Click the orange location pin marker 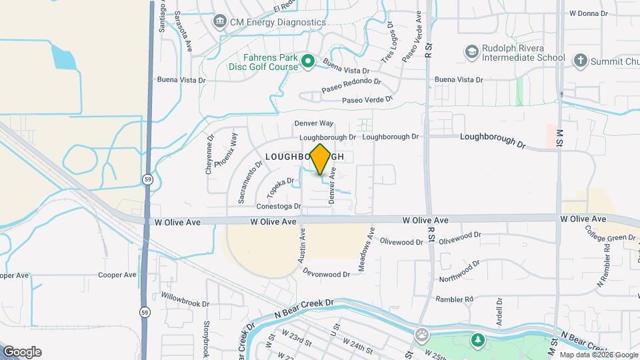pyautogui.click(x=320, y=159)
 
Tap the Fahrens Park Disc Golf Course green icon pyautogui.click(x=308, y=62)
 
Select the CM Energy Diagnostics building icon pyautogui.click(x=219, y=22)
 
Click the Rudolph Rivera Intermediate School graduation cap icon pyautogui.click(x=472, y=52)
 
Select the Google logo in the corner pyautogui.click(x=22, y=352)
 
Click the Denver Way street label pyautogui.click(x=313, y=123)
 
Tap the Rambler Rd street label pyautogui.click(x=454, y=299)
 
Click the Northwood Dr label pyautogui.click(x=459, y=272)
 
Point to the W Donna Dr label pyautogui.click(x=589, y=13)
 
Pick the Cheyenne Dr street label pyautogui.click(x=209, y=155)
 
